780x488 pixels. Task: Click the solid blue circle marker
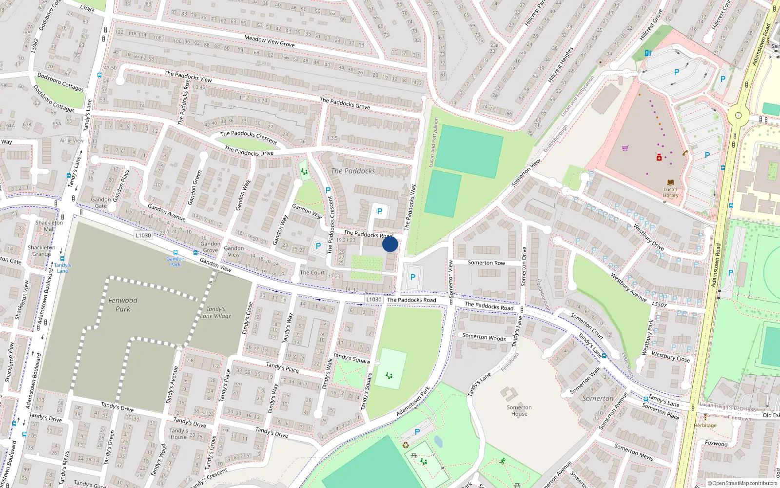pyautogui.click(x=390, y=244)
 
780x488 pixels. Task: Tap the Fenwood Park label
pyautogui.click(x=123, y=305)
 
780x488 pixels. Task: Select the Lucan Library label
pyautogui.click(x=670, y=192)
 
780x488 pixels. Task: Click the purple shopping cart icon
pyautogui.click(x=625, y=148)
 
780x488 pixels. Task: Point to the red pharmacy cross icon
pyautogui.click(x=659, y=157)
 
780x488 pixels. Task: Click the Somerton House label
pyautogui.click(x=519, y=410)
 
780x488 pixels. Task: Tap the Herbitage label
pyautogui.click(x=705, y=425)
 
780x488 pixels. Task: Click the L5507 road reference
pyautogui.click(x=659, y=304)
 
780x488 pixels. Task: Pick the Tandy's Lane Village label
pyautogui.click(x=216, y=312)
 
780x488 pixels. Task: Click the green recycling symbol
pyautogui.click(x=406, y=445)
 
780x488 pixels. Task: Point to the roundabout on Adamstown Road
pyautogui.click(x=738, y=116)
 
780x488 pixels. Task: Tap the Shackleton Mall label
pyautogui.click(x=49, y=225)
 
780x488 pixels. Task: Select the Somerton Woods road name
pyautogui.click(x=484, y=337)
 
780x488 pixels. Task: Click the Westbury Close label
pyautogui.click(x=671, y=357)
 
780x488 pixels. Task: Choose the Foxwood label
pyautogui.click(x=716, y=443)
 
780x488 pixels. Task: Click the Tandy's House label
pyautogui.click(x=178, y=434)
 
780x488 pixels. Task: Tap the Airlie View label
pyautogui.click(x=72, y=141)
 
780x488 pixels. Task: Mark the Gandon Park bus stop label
pyautogui.click(x=175, y=261)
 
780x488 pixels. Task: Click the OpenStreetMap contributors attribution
pyautogui.click(x=742, y=483)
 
